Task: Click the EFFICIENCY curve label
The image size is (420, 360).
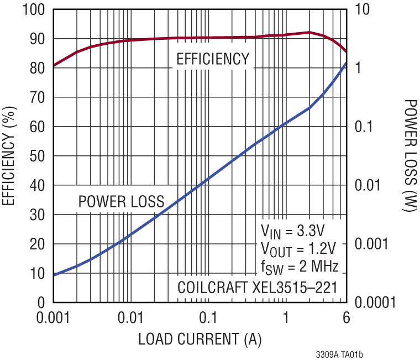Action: pyautogui.click(x=213, y=59)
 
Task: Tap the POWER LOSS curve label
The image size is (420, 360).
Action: pyautogui.click(x=121, y=202)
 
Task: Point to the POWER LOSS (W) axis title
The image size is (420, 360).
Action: pyautogui.click(x=410, y=156)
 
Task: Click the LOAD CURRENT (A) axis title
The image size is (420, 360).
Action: pyautogui.click(x=200, y=338)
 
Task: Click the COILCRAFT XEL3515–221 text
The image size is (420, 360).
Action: pyautogui.click(x=256, y=288)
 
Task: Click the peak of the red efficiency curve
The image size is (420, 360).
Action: pyautogui.click(x=309, y=32)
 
